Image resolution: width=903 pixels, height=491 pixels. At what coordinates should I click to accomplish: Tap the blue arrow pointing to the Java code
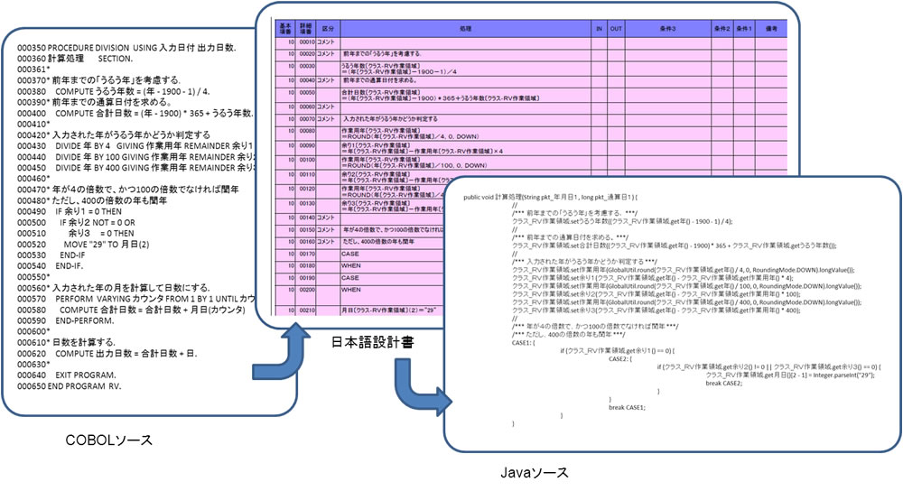point(421,396)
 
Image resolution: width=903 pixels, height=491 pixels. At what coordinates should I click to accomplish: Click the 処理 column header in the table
point(464,30)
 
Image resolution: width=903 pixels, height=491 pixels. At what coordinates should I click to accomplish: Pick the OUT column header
point(616,30)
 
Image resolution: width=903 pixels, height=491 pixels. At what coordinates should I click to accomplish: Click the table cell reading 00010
point(307,42)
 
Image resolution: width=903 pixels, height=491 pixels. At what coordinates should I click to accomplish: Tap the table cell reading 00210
point(307,310)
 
